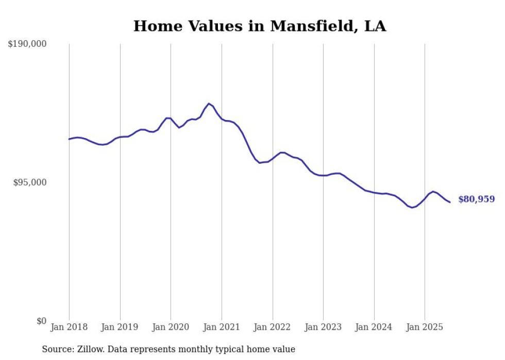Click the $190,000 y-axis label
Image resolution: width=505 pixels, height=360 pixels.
pyautogui.click(x=27, y=44)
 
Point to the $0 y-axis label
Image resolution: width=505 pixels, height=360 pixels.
pyautogui.click(x=41, y=321)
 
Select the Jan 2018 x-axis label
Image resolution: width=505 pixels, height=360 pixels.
pyautogui.click(x=69, y=327)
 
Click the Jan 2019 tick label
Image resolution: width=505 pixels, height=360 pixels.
pyautogui.click(x=120, y=327)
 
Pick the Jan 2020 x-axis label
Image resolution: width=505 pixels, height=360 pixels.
pyautogui.click(x=171, y=327)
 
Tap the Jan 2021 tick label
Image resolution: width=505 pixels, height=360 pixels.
pyautogui.click(x=222, y=327)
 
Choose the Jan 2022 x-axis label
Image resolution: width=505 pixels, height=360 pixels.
pyautogui.click(x=272, y=327)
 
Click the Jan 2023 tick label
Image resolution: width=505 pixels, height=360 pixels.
pyautogui.click(x=323, y=327)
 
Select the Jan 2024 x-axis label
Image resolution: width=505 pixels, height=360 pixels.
pyautogui.click(x=374, y=327)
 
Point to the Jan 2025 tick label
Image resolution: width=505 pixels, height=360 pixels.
pyautogui.click(x=425, y=327)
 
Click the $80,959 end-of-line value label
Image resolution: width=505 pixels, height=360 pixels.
pyautogui.click(x=476, y=199)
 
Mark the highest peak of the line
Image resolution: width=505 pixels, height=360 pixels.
pyautogui.click(x=209, y=104)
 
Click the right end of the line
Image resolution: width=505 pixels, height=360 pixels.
pyautogui.click(x=450, y=202)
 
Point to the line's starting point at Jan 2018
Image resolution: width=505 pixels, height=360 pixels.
pyautogui.click(x=69, y=139)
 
